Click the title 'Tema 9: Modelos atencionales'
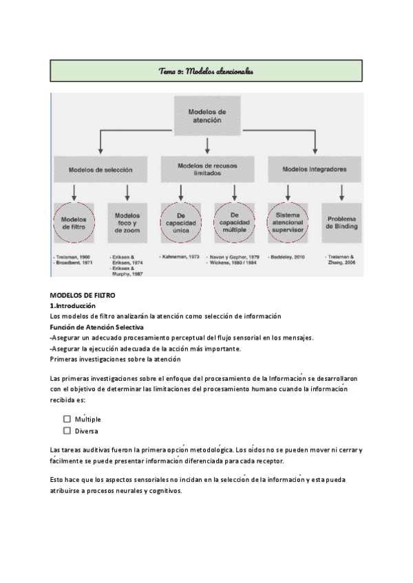206,70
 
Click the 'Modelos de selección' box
100,168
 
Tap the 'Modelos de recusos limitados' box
207,169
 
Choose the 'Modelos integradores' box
315,168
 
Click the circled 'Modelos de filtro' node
73,223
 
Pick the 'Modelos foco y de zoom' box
127,223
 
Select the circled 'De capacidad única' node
180,223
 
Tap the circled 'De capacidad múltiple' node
234,223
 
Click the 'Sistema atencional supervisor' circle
288,223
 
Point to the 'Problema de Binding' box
341,223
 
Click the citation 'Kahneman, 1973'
181,256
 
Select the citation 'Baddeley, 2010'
288,256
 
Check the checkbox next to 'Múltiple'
67,418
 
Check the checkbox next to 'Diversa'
67,431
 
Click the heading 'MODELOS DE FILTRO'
83,295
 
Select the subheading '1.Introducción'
73,305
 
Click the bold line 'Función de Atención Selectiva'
92,327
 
